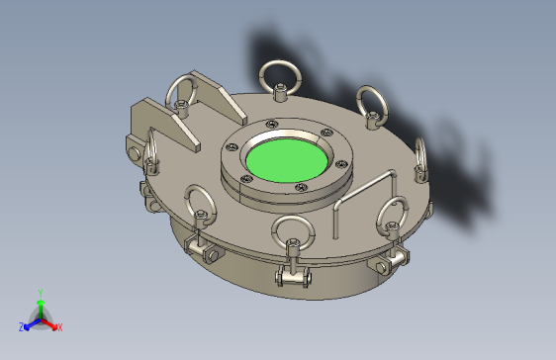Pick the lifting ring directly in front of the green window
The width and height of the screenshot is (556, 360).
click(x=294, y=231)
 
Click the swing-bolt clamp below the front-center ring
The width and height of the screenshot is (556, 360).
click(x=294, y=277)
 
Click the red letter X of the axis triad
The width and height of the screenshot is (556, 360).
click(x=59, y=326)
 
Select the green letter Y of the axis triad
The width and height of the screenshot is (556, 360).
click(x=40, y=293)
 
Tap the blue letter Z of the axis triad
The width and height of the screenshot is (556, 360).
click(x=21, y=326)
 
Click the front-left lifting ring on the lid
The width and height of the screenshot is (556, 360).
click(x=200, y=205)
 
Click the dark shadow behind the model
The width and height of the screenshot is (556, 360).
click(x=455, y=168)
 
